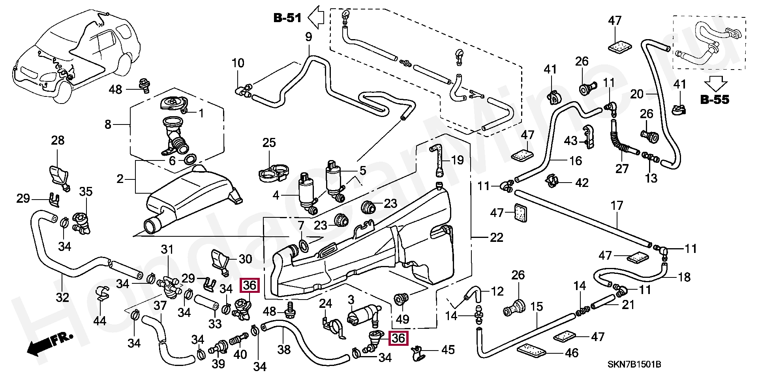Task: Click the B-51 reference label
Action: coord(287,18)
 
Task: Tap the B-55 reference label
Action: coord(715,100)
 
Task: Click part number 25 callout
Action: coord(269,143)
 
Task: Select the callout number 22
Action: coord(496,238)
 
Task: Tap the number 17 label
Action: coord(616,206)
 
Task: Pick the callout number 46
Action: coord(572,353)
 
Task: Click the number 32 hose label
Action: coord(62,297)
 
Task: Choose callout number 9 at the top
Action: coord(308,37)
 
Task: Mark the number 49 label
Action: coord(402,319)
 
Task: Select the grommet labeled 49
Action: coord(401,299)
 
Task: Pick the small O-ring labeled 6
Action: coord(190,160)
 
